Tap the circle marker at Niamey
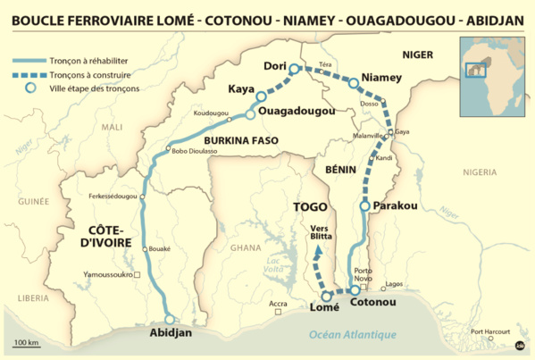pos(354,83)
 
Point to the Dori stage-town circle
pos(294,68)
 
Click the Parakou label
pos(396,205)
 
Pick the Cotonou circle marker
pos(355,290)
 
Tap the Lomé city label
pos(324,309)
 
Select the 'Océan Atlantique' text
pos(352,335)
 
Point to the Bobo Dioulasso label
pos(193,152)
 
